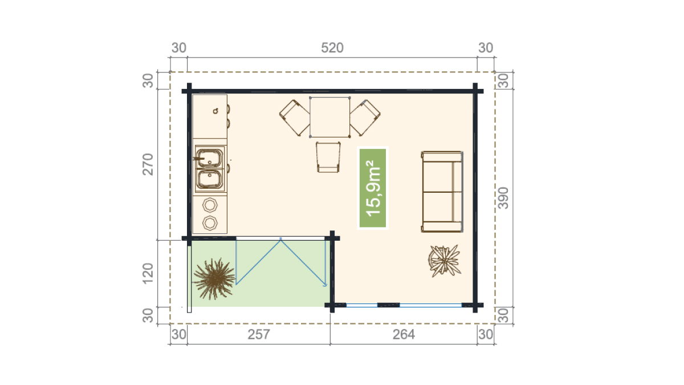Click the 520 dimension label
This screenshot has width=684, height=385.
click(332, 48)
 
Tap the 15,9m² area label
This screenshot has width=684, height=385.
click(373, 188)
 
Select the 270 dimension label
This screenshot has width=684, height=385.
click(148, 164)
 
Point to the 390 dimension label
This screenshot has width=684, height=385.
click(503, 198)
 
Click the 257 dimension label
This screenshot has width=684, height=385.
click(259, 335)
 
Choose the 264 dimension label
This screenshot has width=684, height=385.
click(404, 335)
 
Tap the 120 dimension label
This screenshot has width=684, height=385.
click(148, 273)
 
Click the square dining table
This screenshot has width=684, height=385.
click(330, 117)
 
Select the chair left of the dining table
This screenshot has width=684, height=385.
click(294, 117)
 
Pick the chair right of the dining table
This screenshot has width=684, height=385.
click(365, 117)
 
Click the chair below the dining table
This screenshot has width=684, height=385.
click(328, 157)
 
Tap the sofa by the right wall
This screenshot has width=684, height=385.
click(442, 192)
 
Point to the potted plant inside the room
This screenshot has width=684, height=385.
click(445, 261)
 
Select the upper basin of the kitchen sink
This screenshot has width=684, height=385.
click(210, 158)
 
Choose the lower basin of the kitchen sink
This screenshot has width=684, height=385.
click(210, 179)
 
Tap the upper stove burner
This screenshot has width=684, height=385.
click(210, 205)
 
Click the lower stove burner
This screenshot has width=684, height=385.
click(210, 223)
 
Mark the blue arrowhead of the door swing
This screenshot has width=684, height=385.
click(325, 285)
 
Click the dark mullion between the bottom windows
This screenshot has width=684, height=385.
click(388, 305)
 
